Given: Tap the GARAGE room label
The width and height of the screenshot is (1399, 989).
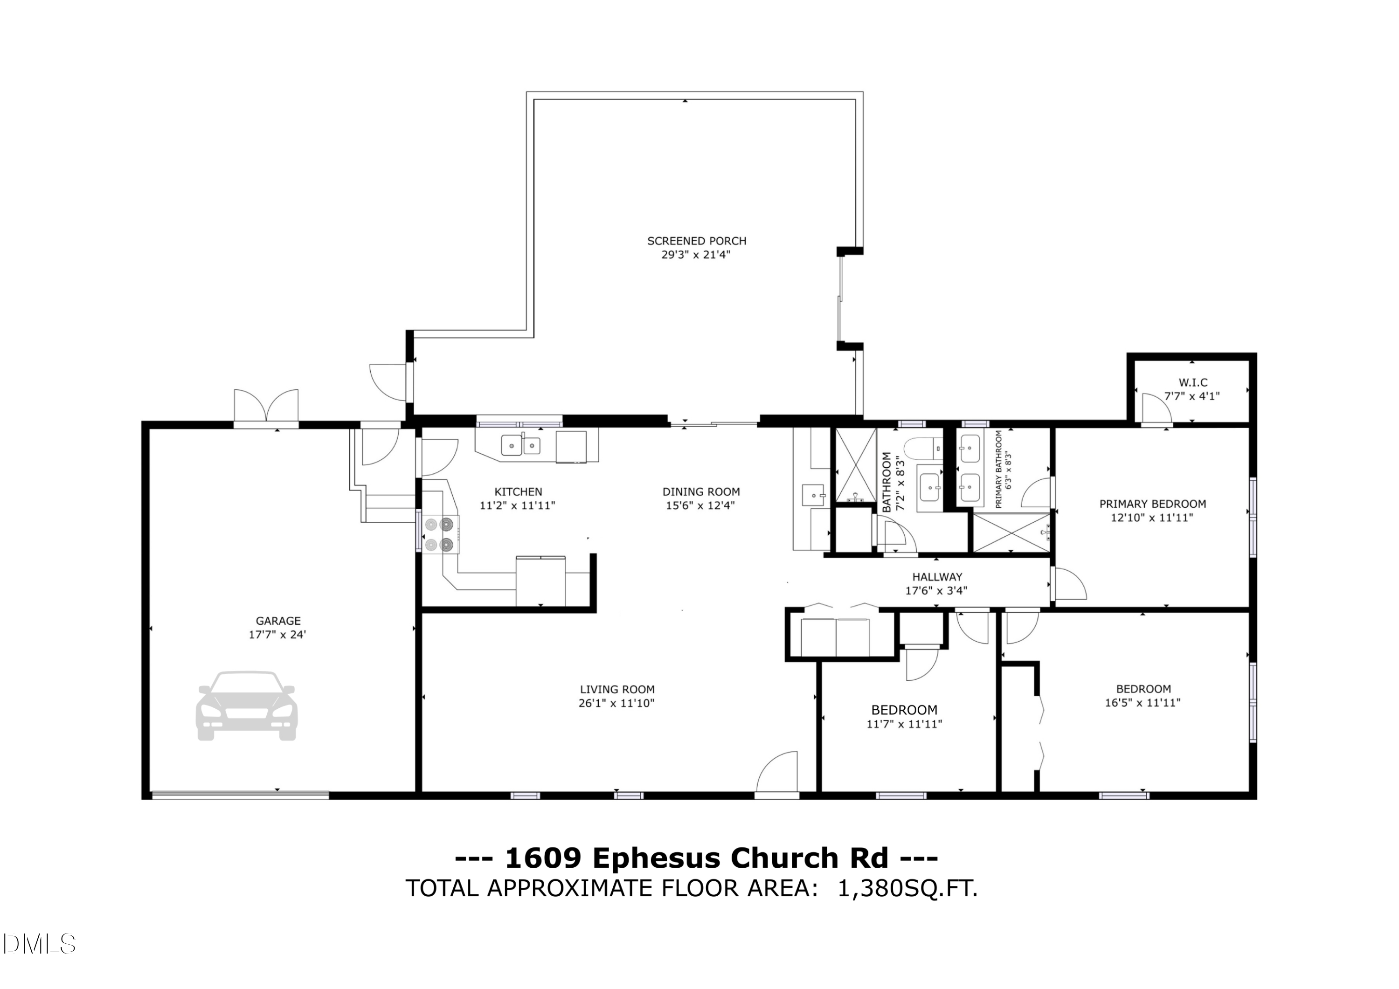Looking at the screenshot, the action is pyautogui.click(x=278, y=621).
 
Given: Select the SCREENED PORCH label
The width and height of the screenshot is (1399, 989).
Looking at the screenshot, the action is pyautogui.click(x=696, y=241).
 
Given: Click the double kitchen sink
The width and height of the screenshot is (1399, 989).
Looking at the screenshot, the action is pyautogui.click(x=521, y=445).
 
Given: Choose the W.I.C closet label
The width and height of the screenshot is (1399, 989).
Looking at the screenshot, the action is pyautogui.click(x=1193, y=383).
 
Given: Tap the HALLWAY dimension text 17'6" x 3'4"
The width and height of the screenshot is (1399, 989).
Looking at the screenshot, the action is pyautogui.click(x=936, y=590).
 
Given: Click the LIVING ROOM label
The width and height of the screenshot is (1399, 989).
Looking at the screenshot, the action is pyautogui.click(x=617, y=689).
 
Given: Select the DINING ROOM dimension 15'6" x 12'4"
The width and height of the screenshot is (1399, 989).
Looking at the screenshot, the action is pyautogui.click(x=701, y=505).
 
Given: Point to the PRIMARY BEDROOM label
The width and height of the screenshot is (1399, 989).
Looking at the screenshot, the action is pyautogui.click(x=1152, y=504).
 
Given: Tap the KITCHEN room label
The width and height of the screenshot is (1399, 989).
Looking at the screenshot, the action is pyautogui.click(x=518, y=492).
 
